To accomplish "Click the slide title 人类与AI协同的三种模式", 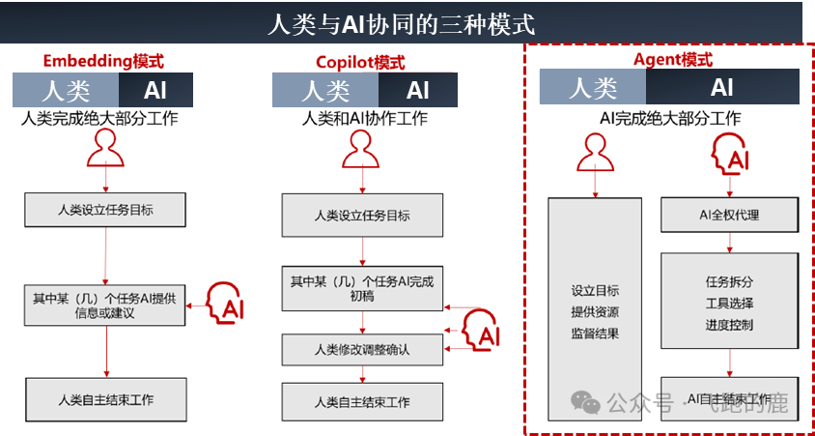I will tap(401, 22).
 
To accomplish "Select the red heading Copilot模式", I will tap(360, 63).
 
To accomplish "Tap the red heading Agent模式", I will tap(672, 59).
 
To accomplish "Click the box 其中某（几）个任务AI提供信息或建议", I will tap(104, 305).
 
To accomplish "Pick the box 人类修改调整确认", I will tap(362, 349).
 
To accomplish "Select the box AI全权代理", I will tap(729, 215).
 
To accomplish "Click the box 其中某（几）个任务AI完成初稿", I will tap(362, 288).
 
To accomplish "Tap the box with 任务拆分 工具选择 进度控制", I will tap(729, 303).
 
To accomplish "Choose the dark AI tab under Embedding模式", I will tap(155, 91).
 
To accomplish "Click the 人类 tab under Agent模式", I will tap(593, 88).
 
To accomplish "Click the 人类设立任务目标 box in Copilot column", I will tap(362, 215).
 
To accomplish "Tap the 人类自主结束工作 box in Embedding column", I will tap(105, 399).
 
